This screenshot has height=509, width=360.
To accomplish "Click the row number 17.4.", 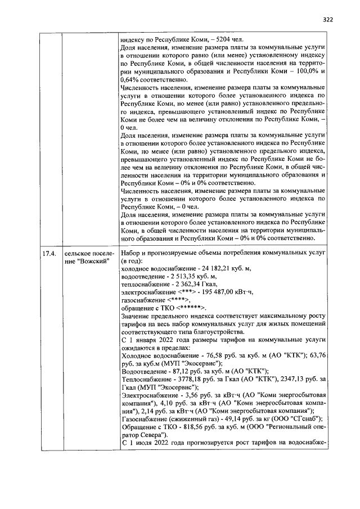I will click(49, 254).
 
